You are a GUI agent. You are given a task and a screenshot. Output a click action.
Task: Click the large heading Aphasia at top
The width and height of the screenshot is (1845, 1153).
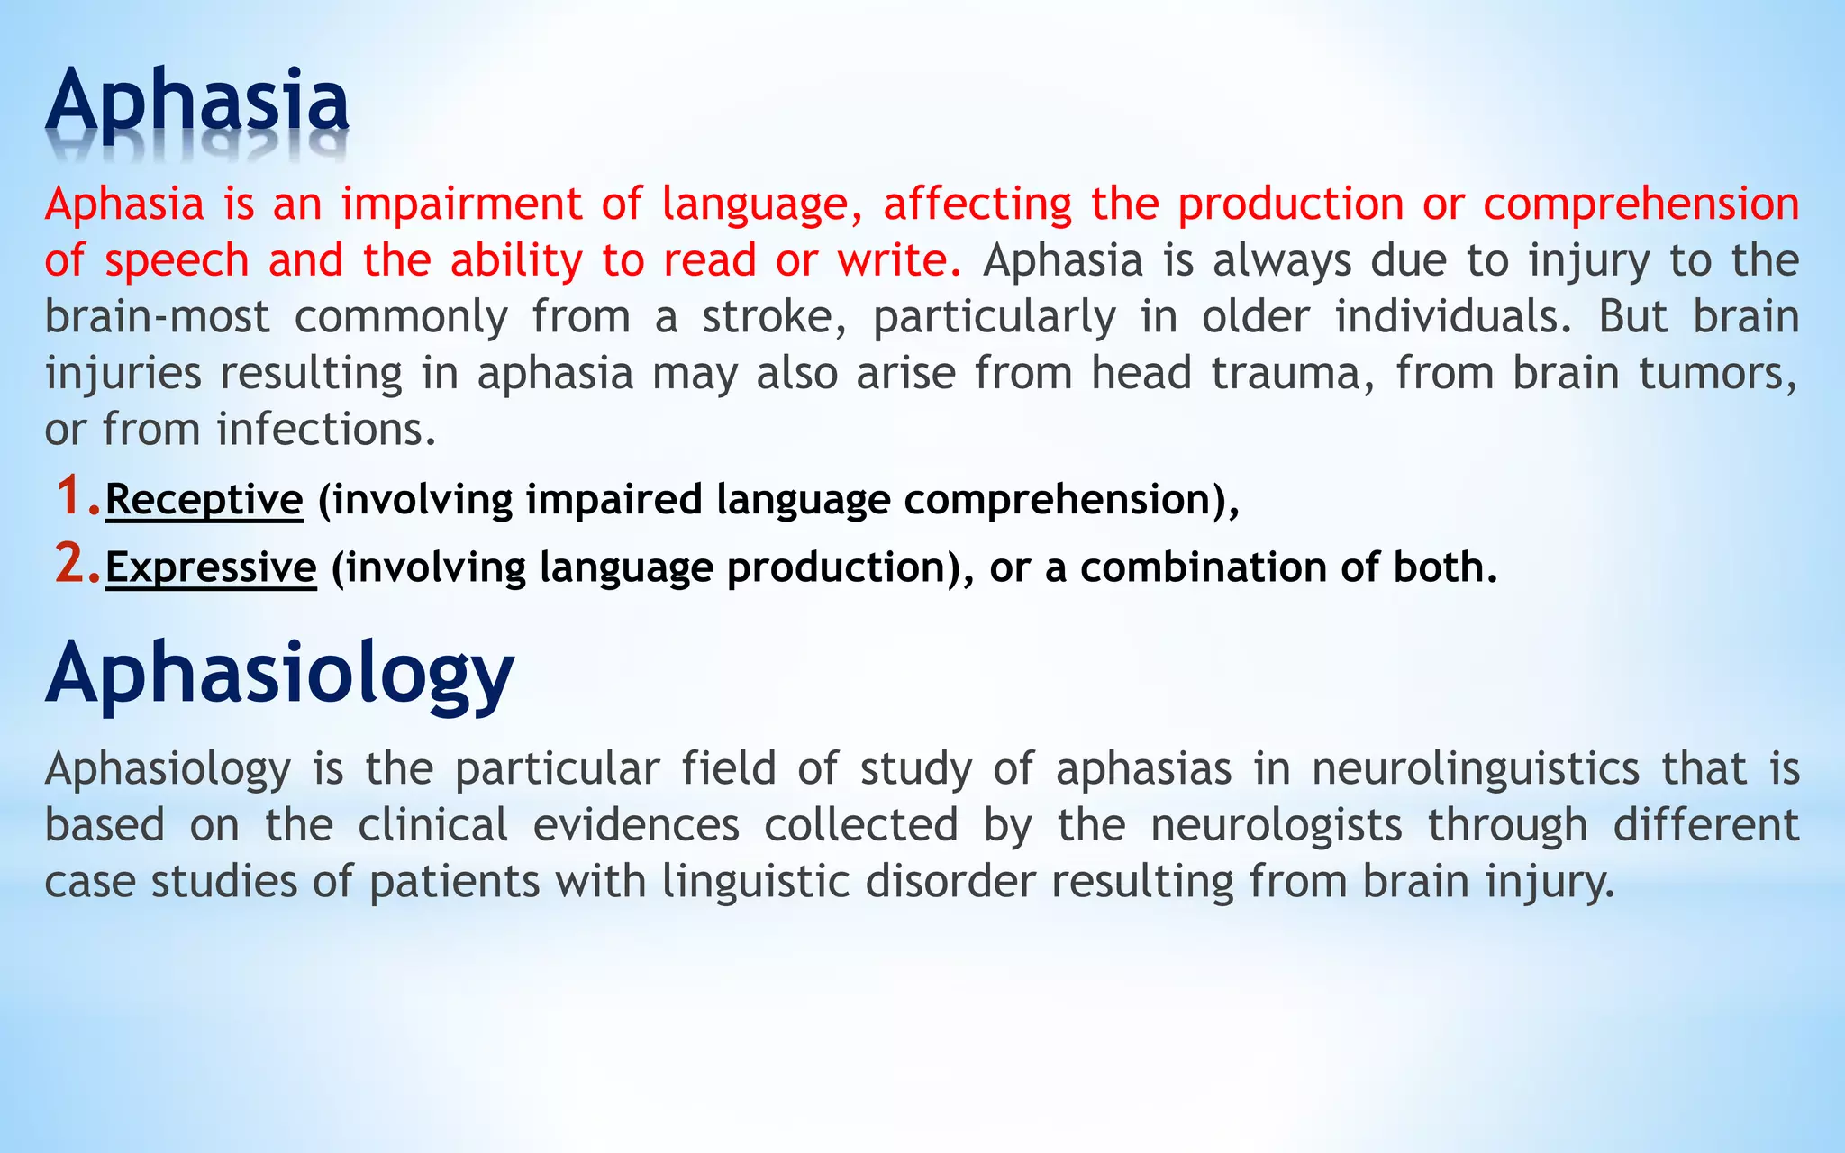click(x=197, y=101)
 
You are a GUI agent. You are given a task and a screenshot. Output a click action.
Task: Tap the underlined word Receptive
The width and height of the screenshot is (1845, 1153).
click(x=204, y=499)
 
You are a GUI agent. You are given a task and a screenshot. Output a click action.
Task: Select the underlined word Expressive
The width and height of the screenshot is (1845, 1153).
click(x=211, y=567)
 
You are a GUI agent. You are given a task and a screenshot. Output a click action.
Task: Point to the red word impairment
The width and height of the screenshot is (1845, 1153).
click(x=461, y=204)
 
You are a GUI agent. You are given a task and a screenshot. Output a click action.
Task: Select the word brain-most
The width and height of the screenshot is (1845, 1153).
click(x=158, y=316)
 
